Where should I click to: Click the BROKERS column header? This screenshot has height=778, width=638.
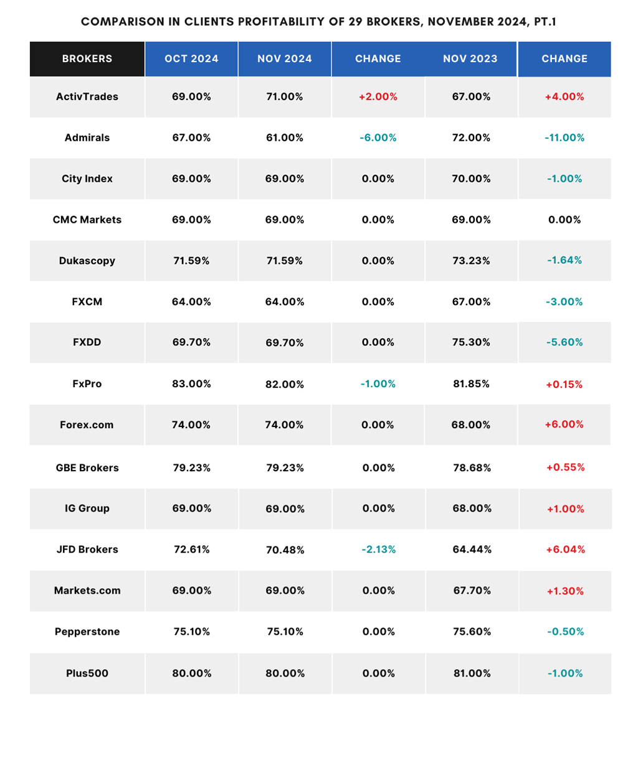click(87, 59)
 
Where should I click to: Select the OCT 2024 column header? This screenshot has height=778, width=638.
click(191, 59)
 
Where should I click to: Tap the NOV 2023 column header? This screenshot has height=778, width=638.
click(470, 59)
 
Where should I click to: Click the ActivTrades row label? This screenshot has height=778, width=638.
click(87, 96)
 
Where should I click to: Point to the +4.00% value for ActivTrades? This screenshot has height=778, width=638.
click(564, 96)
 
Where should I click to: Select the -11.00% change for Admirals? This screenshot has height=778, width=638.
click(564, 138)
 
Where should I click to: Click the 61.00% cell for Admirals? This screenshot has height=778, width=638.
click(284, 138)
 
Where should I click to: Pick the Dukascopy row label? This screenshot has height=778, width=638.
click(87, 261)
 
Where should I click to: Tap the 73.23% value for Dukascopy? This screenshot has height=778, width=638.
click(471, 260)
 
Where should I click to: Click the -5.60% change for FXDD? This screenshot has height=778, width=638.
click(564, 342)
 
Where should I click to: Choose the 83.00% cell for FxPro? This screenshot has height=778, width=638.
click(191, 383)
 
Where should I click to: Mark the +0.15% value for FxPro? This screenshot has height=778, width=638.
click(564, 385)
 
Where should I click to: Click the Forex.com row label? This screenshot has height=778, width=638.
click(87, 424)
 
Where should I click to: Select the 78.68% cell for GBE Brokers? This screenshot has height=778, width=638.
click(472, 468)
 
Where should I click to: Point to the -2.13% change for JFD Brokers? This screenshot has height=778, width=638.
click(378, 550)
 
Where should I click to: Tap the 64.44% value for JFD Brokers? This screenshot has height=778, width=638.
click(472, 550)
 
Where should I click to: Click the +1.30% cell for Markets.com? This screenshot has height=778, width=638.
click(565, 591)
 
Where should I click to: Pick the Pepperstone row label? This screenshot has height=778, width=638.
click(87, 632)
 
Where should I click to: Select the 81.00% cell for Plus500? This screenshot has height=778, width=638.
click(472, 673)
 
